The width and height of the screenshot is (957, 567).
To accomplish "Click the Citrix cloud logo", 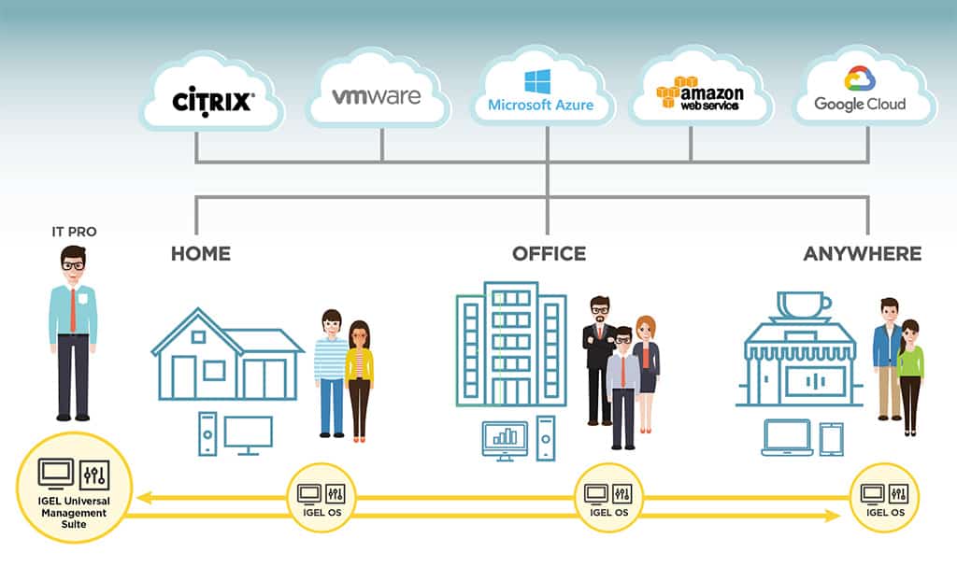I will point(212,99).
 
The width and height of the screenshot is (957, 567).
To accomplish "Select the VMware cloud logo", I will point(377,95).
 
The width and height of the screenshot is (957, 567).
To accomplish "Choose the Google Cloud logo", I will point(860,91).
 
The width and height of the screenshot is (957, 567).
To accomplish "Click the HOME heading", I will point(200,253).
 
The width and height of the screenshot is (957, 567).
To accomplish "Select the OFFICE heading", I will point(549,253).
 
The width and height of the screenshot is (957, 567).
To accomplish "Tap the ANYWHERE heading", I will point(862,253).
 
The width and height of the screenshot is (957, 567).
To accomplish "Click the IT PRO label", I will point(74,231).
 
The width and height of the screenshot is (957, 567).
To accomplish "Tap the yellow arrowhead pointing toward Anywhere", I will point(833,514).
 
